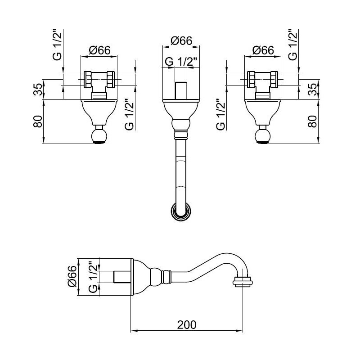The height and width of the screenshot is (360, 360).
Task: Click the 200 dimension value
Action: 187,324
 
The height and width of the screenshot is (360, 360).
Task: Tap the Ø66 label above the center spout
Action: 181,41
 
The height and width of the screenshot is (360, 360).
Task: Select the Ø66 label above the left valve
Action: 99,50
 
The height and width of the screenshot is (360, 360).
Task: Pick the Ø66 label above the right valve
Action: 263,50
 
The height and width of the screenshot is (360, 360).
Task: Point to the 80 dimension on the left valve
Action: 38,121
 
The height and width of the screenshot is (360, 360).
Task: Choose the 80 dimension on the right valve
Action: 312,121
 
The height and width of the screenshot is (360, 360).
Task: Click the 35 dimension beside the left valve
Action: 38,89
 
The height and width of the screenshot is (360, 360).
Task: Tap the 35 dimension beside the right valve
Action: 312,89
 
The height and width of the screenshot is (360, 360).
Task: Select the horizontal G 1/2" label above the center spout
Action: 181,62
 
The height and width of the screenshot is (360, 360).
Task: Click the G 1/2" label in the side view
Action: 93,277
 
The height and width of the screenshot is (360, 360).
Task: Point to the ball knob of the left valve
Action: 99,136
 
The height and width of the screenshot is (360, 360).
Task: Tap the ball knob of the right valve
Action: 263,136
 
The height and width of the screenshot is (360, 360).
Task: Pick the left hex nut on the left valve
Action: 88,80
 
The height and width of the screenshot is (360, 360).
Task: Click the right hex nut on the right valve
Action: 274,80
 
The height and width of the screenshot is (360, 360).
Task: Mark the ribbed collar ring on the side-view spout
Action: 166,277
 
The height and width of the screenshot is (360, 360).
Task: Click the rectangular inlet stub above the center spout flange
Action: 181,91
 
